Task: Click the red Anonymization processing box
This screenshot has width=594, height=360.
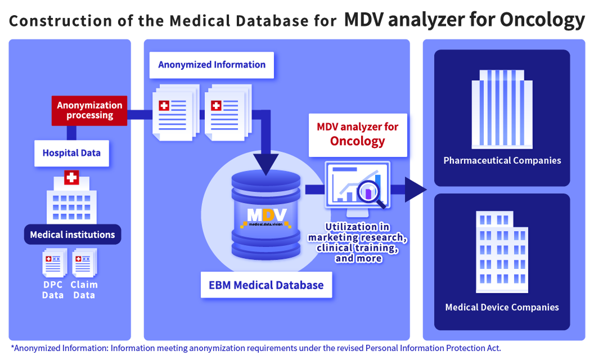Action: click(x=89, y=110)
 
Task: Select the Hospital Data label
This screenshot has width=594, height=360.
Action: click(x=71, y=153)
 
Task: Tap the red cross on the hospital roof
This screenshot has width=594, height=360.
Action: click(x=71, y=177)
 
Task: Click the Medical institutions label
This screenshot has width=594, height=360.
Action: click(x=73, y=235)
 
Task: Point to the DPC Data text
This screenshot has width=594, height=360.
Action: click(x=53, y=290)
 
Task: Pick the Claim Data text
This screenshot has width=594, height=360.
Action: click(x=84, y=290)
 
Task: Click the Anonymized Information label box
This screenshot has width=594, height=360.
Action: click(x=211, y=65)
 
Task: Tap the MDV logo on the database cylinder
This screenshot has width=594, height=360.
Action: click(x=266, y=217)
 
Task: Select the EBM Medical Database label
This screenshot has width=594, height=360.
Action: click(x=266, y=285)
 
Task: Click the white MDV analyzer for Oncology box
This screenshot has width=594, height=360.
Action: click(x=358, y=135)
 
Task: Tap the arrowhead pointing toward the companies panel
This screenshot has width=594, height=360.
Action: click(x=416, y=190)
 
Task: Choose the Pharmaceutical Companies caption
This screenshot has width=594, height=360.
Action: click(x=502, y=160)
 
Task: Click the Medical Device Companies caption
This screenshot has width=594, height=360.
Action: click(x=502, y=307)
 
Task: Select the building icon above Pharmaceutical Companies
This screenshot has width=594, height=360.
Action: click(x=502, y=109)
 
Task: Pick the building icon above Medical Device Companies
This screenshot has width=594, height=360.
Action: click(x=502, y=252)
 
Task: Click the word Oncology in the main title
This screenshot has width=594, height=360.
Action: click(x=542, y=20)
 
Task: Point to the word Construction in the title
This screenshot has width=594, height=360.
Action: click(x=61, y=21)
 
